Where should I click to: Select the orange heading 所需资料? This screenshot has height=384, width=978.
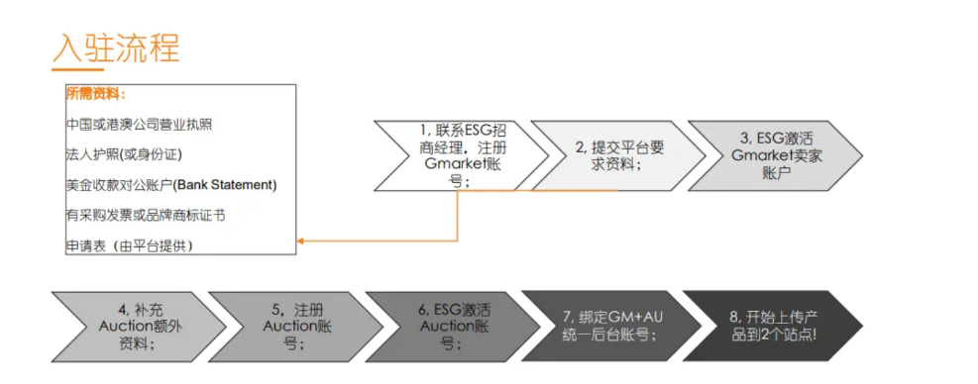pyautogui.click(x=95, y=95)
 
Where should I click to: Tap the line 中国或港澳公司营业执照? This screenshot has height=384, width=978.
pyautogui.click(x=139, y=125)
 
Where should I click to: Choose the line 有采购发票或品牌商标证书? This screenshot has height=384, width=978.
pyautogui.click(x=145, y=215)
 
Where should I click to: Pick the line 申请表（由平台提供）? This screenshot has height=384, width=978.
pyautogui.click(x=130, y=244)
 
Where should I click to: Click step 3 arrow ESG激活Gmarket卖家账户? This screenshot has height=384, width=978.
pyautogui.click(x=769, y=155)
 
